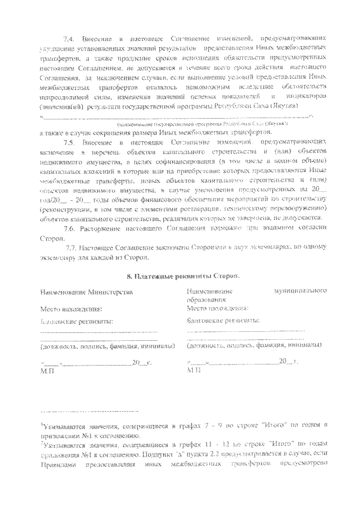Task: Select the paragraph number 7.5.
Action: click(x=69, y=143)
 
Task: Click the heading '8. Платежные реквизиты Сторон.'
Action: click(x=181, y=276)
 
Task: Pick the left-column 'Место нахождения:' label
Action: click(x=71, y=309)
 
